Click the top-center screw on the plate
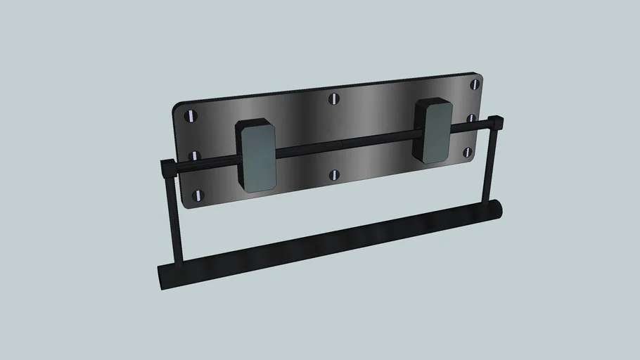click(334, 98)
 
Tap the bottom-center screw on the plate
click(335, 174)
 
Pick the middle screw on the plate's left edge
click(196, 155)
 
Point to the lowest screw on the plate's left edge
click(199, 195)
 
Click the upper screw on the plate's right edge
click(474, 85)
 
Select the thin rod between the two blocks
click(345, 145)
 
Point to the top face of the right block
click(433, 103)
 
